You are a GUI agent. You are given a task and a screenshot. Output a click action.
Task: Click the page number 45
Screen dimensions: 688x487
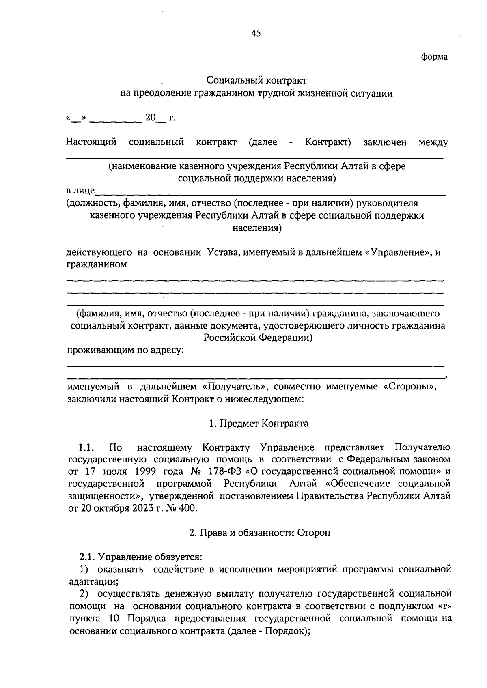tap(256, 34)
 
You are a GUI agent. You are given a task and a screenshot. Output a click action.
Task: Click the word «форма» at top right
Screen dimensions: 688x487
tap(434, 57)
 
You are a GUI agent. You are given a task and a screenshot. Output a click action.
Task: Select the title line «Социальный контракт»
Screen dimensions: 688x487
tap(256, 81)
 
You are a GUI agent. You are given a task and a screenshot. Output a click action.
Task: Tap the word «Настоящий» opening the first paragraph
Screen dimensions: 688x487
tap(91, 142)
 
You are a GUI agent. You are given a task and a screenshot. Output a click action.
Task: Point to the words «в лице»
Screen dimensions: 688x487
tap(80, 191)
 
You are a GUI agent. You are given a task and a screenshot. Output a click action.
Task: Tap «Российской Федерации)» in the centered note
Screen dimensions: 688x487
tap(258, 338)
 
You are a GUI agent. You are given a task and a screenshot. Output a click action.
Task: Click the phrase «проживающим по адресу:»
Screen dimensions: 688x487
tap(125, 350)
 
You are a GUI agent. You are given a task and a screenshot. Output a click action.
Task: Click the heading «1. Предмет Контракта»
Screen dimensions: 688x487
tap(259, 424)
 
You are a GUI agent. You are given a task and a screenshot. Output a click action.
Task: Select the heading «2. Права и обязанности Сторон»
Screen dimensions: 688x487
tap(260, 533)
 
